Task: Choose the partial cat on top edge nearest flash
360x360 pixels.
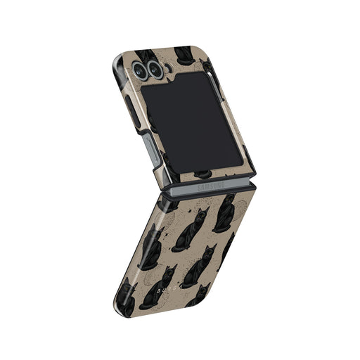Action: click(x=184, y=53)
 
